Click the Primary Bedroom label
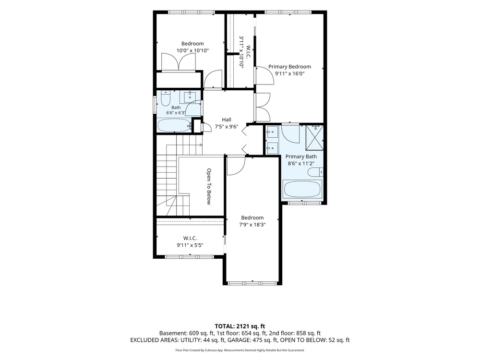pos(289,67)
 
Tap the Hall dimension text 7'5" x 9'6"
pos(227,126)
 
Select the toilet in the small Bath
pos(165,98)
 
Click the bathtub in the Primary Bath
pos(302,189)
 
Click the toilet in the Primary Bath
pos(315,172)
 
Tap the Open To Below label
pos(209,186)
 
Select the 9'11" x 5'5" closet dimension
pos(190,245)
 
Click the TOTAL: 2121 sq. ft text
pos(240,326)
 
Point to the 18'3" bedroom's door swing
pos(236,166)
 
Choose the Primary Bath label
pos(301,156)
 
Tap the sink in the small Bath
pos(191,97)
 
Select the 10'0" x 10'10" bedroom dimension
pos(192,50)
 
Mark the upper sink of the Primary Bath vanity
pos(272,132)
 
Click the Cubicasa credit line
pos(240,350)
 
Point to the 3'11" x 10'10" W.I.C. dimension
pos(241,52)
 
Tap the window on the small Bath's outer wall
pos(155,105)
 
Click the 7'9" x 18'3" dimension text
pos(252,224)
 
